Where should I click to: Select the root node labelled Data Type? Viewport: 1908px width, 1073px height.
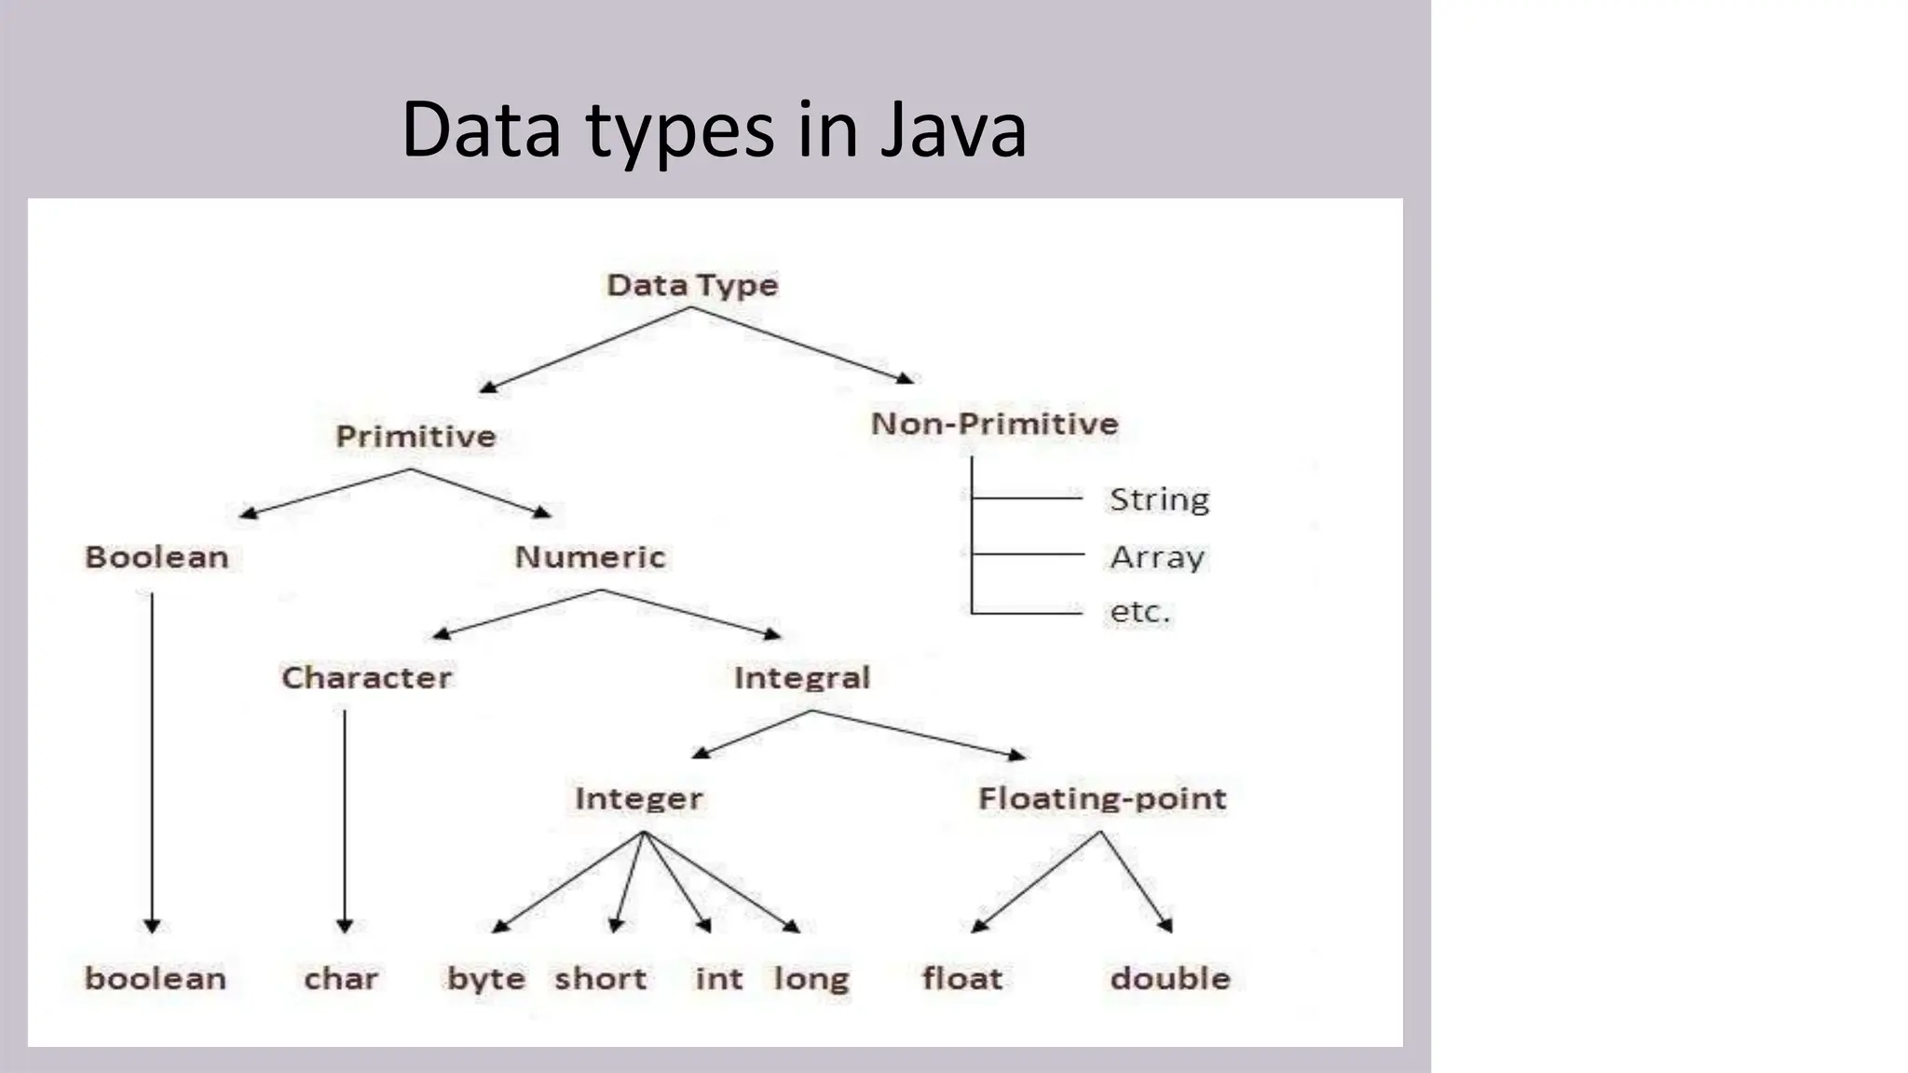pos(692,285)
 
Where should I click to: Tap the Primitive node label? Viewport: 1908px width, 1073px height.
pos(416,436)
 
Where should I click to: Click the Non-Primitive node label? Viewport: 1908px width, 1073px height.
pos(994,424)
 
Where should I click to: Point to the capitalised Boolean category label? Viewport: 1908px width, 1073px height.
pos(157,557)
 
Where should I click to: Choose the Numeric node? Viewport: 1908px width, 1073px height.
pos(590,557)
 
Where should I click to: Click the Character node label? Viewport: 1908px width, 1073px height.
pos(366,677)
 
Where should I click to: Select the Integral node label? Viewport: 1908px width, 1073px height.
pos(801,677)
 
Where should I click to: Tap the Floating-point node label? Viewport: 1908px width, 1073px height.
pos(1102,798)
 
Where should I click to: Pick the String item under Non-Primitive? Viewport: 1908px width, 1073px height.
pos(1159,500)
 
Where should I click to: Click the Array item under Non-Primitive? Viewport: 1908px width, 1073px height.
pos(1157,557)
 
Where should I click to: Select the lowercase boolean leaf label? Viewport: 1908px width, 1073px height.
pos(156,978)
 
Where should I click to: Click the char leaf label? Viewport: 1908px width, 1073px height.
pos(341,979)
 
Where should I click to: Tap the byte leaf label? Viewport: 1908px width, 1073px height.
pos(485,979)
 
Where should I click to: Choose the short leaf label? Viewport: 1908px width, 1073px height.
pos(600,979)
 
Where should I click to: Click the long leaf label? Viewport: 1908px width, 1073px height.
pos(811,979)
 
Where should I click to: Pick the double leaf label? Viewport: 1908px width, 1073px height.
pos(1170,978)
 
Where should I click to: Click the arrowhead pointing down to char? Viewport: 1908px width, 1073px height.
pos(345,925)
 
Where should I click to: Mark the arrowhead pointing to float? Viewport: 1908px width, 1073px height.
pos(978,925)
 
